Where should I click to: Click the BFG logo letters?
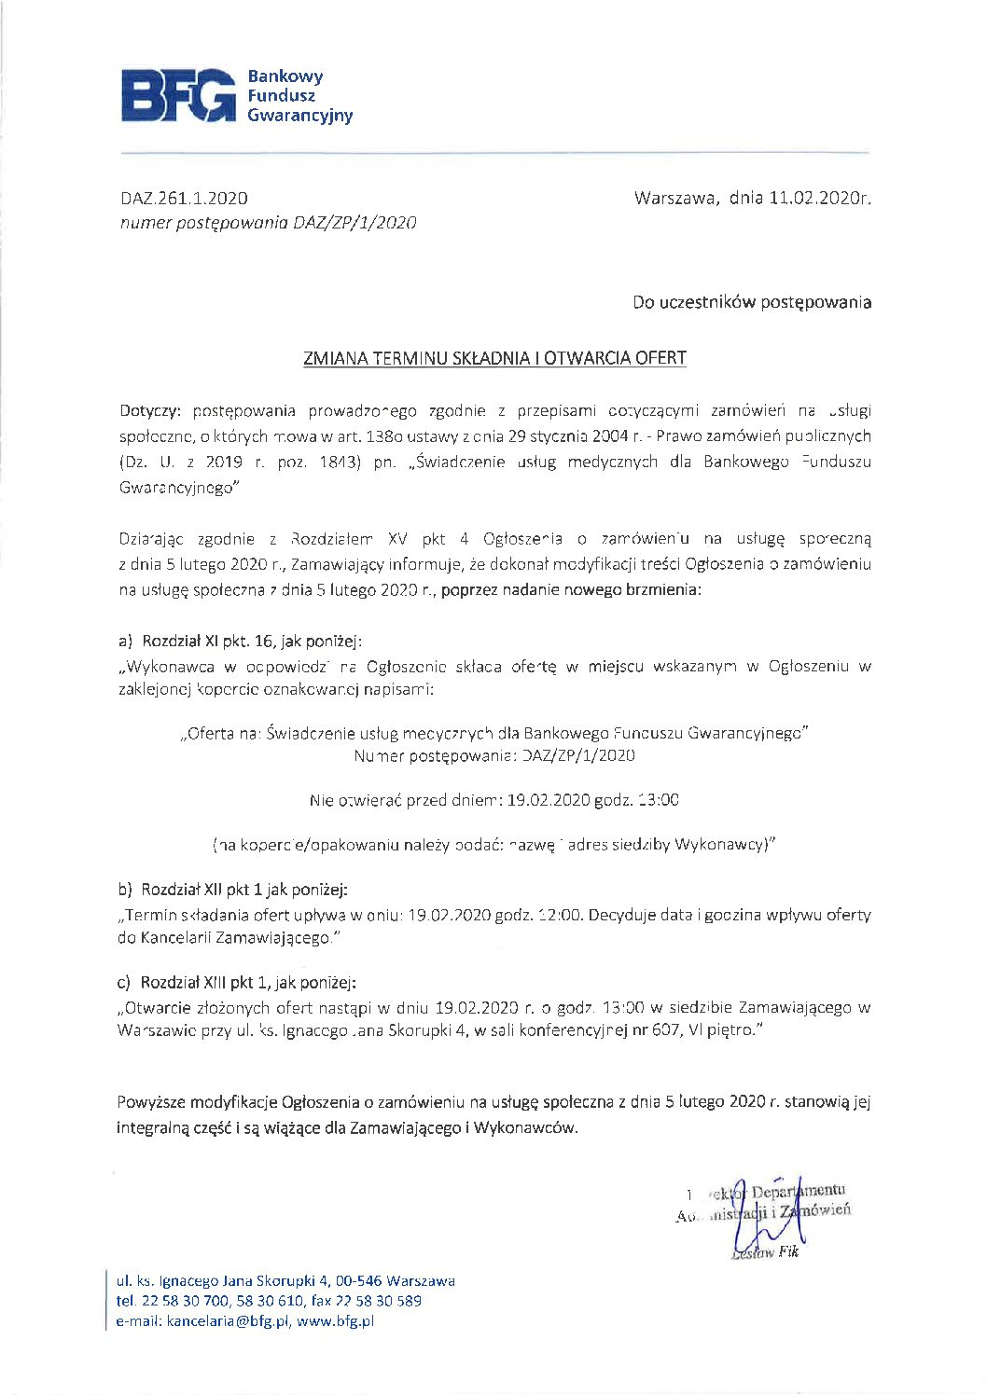(178, 95)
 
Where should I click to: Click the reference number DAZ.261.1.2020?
(184, 198)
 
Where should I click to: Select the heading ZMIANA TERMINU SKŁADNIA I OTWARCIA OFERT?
(494, 358)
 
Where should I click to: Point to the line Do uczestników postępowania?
(752, 302)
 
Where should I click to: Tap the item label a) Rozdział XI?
(168, 641)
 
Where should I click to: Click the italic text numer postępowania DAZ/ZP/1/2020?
(269, 223)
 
